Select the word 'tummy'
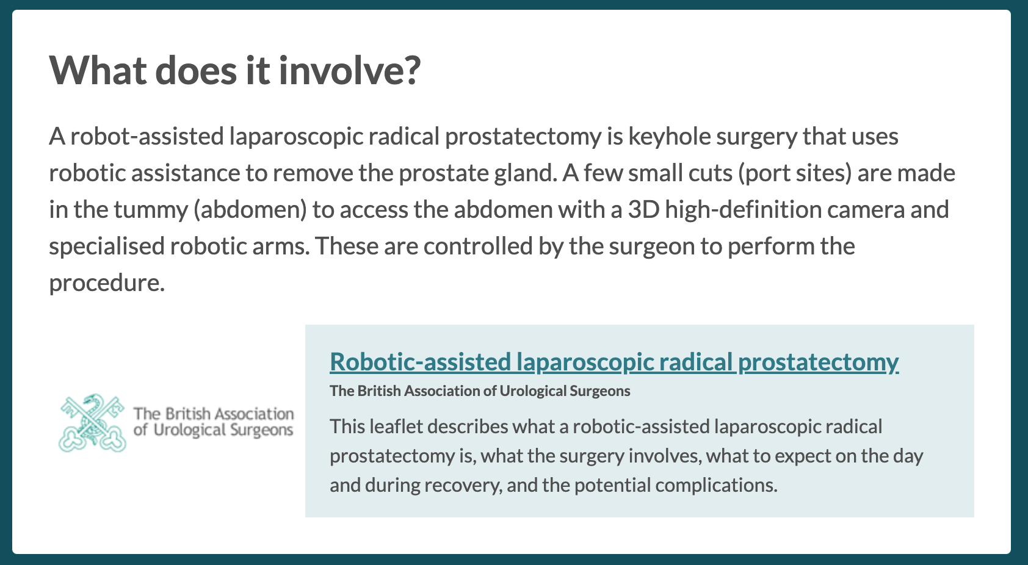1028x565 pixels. pos(151,211)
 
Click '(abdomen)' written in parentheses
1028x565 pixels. pos(250,210)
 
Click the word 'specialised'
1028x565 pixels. pos(106,247)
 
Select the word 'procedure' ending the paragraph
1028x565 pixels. pos(104,284)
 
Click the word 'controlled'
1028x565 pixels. pos(478,247)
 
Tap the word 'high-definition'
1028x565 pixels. pos(743,211)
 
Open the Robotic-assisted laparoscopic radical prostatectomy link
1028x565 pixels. pos(614,362)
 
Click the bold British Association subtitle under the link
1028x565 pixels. pos(480,391)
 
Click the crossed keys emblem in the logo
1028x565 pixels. pos(92,422)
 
